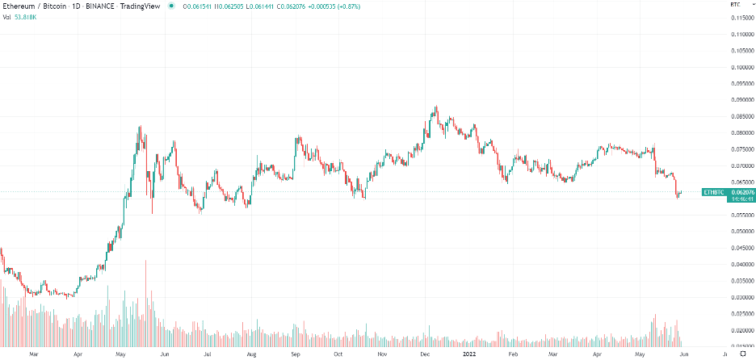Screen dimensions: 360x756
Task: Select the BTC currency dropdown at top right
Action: point(736,4)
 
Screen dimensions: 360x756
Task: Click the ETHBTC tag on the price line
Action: point(713,193)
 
